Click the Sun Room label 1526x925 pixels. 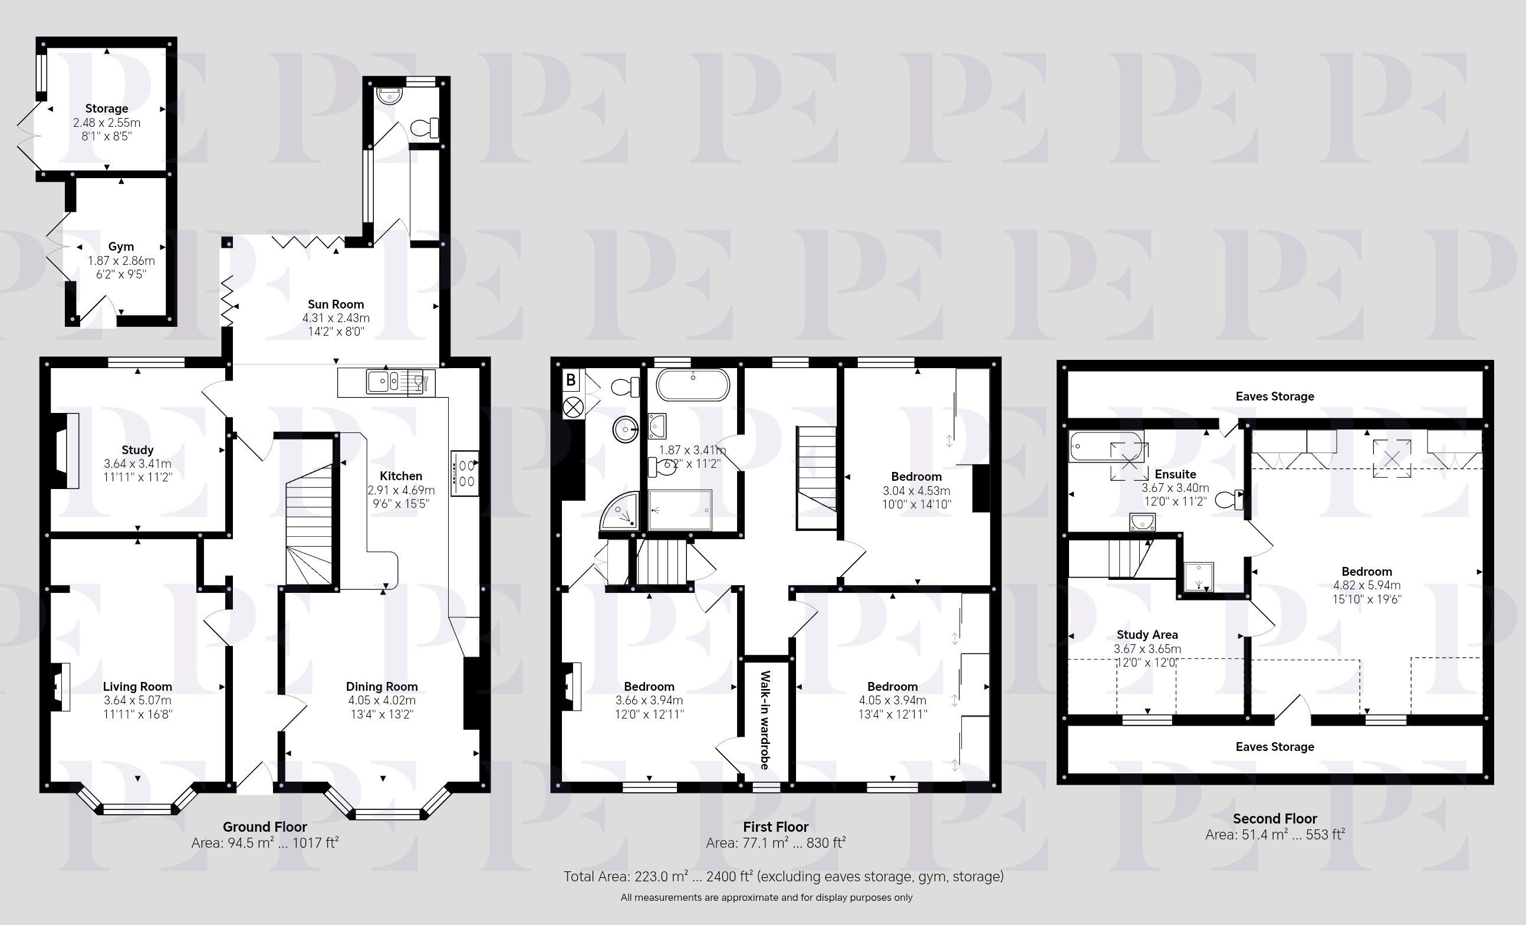click(336, 304)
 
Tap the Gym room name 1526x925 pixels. click(121, 247)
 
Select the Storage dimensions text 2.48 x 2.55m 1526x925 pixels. click(107, 123)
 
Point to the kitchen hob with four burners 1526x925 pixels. click(465, 473)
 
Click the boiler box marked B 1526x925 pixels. click(571, 379)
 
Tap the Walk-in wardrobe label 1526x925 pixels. click(765, 720)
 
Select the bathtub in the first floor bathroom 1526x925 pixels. click(693, 385)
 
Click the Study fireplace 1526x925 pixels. click(65, 451)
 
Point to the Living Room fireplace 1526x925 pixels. click(60, 687)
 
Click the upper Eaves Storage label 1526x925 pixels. click(1275, 396)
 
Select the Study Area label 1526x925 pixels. click(1147, 634)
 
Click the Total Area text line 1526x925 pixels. click(784, 876)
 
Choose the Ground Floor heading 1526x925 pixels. click(265, 826)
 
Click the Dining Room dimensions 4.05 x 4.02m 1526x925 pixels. click(381, 700)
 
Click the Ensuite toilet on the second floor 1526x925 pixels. click(1229, 499)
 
